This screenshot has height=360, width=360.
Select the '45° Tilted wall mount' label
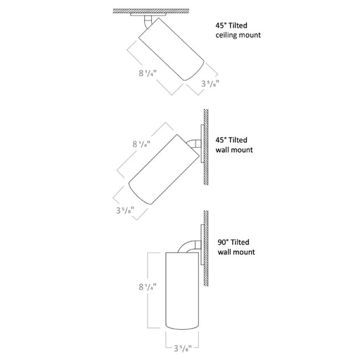pyautogui.click(x=234, y=145)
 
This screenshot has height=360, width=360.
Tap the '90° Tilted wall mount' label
pyautogui.click(x=235, y=247)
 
